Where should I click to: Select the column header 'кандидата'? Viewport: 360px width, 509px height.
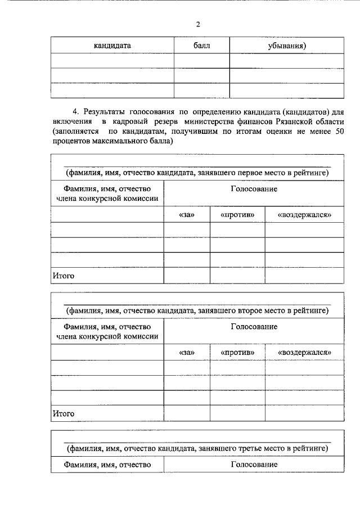click(112, 46)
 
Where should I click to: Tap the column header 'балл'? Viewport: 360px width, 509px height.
click(201, 46)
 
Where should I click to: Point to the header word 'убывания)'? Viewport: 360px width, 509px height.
click(287, 46)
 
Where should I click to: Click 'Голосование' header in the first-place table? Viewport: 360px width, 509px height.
click(254, 189)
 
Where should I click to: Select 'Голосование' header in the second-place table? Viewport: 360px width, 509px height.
click(254, 327)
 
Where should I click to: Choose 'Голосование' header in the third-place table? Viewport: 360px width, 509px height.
click(254, 465)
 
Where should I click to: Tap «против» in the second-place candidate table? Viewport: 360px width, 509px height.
click(237, 352)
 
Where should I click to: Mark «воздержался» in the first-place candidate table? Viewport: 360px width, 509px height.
click(304, 215)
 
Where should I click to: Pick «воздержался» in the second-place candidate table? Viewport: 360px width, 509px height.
click(304, 352)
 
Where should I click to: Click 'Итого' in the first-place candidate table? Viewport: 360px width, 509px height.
click(64, 276)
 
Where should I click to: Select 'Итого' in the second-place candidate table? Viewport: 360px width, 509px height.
click(64, 413)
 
